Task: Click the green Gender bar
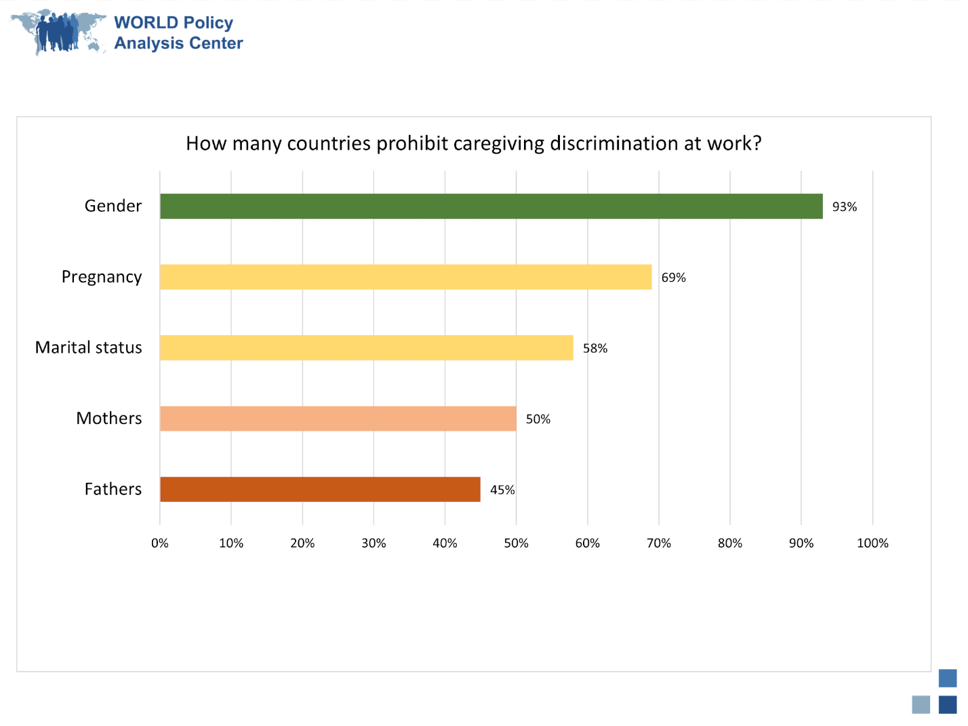(491, 206)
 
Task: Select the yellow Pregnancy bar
(405, 277)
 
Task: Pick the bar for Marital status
(366, 347)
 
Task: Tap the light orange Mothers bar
(338, 419)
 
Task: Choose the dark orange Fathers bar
(320, 489)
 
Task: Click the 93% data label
(844, 207)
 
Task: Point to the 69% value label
(673, 278)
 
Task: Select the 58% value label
(594, 348)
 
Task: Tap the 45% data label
(502, 490)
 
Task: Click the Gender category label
(113, 206)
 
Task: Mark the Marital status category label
(88, 347)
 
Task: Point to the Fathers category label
(113, 489)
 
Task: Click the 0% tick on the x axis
(160, 543)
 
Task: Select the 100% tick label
(872, 543)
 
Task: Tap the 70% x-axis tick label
(658, 543)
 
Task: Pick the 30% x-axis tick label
(374, 543)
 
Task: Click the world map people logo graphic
(58, 32)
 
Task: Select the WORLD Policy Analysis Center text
(178, 33)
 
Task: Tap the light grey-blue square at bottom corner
(921, 704)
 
